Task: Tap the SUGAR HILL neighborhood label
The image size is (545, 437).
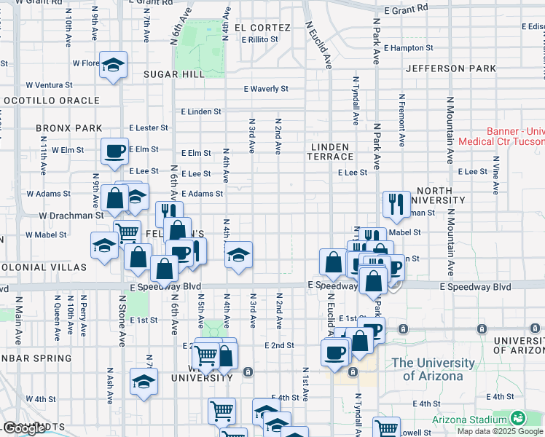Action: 173,74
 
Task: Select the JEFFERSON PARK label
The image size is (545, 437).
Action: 451,68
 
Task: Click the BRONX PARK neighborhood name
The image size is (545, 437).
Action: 68,128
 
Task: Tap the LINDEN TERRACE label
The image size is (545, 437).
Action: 330,151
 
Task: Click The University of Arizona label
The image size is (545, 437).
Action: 427,369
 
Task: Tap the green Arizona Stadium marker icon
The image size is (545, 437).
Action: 518,418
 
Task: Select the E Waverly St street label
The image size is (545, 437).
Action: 266,89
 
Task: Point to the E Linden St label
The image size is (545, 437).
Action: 200,111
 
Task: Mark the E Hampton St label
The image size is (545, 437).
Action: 408,48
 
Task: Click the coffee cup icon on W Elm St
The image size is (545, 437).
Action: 114,151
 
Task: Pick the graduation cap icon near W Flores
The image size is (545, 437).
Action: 113,65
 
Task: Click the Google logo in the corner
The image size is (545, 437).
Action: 24,429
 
